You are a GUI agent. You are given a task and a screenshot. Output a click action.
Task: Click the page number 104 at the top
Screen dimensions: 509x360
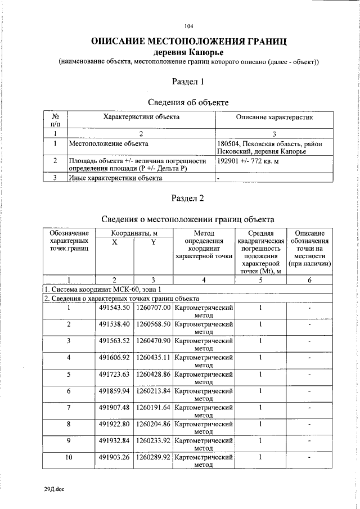(188, 26)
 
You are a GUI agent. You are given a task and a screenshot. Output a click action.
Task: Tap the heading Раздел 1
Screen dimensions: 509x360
(189, 82)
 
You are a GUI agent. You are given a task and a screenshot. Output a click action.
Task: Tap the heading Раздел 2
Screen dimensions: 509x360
(189, 198)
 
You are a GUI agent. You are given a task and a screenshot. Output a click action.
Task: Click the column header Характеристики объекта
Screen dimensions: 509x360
(141, 117)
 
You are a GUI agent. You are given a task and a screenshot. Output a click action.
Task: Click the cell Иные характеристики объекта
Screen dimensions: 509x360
(115, 178)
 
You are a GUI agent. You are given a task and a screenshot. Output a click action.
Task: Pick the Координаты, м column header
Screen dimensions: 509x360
(133, 232)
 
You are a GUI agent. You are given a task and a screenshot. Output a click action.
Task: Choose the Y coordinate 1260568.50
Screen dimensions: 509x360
(153, 324)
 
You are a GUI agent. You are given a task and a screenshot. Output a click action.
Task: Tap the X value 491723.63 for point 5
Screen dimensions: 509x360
(114, 373)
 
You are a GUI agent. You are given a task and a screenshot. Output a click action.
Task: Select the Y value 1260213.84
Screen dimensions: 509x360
(153, 390)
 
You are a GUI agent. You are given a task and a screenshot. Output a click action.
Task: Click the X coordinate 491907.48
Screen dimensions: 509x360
(114, 407)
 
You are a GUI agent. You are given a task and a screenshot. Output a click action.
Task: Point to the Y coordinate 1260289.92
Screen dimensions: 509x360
(153, 457)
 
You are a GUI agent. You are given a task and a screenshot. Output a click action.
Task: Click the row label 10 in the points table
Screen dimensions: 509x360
(69, 457)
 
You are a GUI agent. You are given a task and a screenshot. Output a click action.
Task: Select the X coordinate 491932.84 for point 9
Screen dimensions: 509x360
(114, 440)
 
